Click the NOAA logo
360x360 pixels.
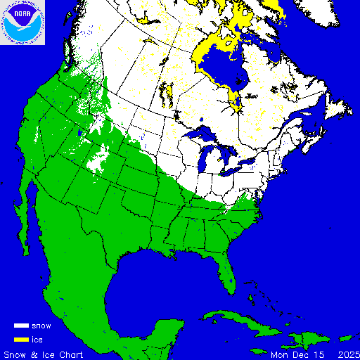(x=22, y=22)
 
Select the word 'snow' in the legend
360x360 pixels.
(x=41, y=326)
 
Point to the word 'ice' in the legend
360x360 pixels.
(x=37, y=339)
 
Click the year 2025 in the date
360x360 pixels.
(x=347, y=353)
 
